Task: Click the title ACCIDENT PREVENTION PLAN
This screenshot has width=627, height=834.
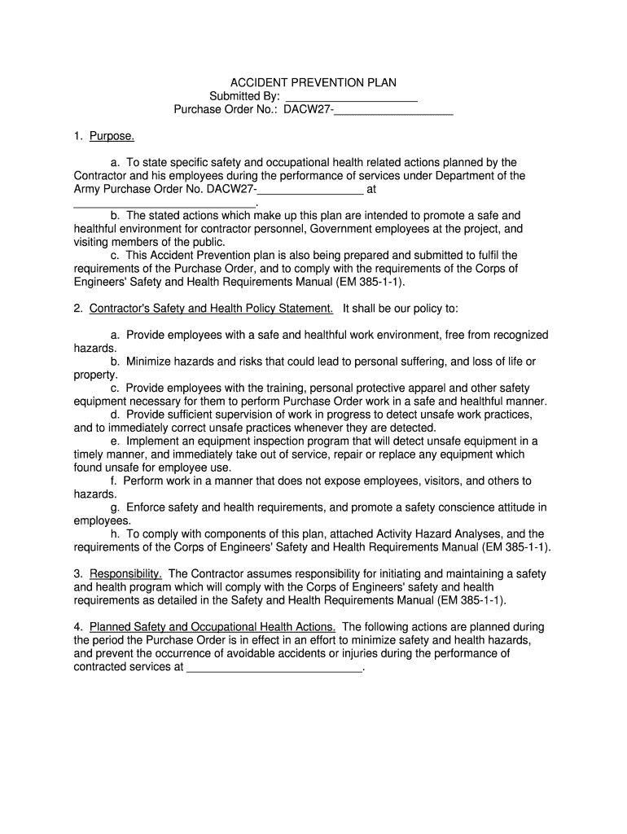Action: (x=313, y=83)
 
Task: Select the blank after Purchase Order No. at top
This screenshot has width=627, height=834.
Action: (x=393, y=110)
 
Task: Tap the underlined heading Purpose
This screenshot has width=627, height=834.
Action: (x=112, y=136)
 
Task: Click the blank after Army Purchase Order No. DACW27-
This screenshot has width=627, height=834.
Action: (x=310, y=189)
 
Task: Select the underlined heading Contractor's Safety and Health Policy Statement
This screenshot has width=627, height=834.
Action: (x=211, y=309)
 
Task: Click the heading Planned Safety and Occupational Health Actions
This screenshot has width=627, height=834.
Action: (x=212, y=627)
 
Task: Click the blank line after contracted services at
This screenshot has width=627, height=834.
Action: (x=274, y=667)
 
